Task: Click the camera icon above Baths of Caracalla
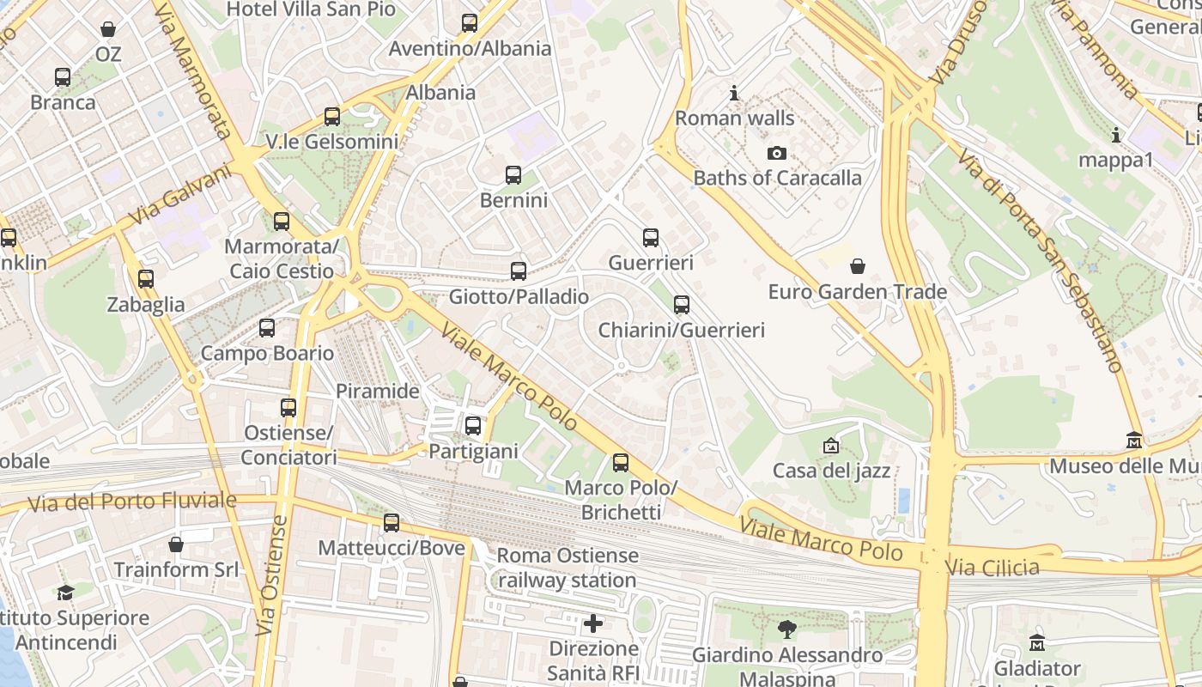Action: coord(777,154)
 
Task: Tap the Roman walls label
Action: coord(734,119)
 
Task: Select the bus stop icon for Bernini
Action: coord(513,176)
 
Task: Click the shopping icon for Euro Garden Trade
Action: coord(857,267)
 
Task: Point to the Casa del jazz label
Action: coord(831,471)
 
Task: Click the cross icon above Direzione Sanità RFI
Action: coord(593,623)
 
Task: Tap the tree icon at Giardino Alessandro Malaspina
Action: coord(786,630)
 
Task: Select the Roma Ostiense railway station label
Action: coord(567,568)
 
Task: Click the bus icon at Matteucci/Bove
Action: coord(392,523)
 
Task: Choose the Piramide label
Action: coord(377,392)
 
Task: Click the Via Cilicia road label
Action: coord(992,567)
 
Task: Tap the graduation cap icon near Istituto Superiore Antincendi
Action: coord(65,593)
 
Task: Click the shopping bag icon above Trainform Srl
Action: coord(176,545)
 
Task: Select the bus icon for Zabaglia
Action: coord(146,279)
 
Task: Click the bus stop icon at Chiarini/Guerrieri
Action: coord(682,305)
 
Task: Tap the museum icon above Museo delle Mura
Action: coord(1134,441)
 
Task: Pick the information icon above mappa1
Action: coord(1115,136)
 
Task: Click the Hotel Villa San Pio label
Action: coord(311,10)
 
